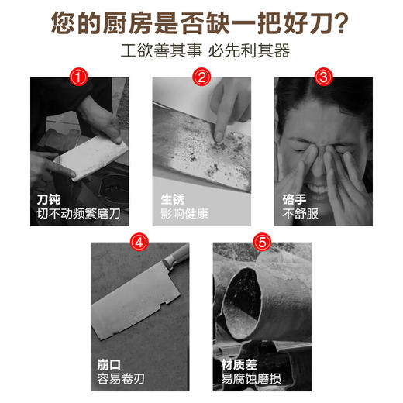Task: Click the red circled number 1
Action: click(x=77, y=77)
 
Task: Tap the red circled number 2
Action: click(x=201, y=77)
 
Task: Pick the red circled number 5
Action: click(x=263, y=241)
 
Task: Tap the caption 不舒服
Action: click(x=301, y=213)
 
